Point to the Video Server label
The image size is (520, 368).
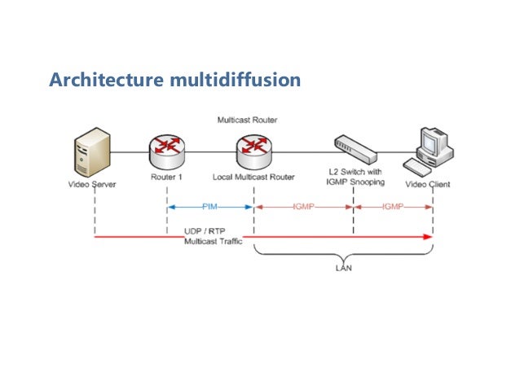tap(91, 184)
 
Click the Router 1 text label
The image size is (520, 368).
tap(167, 177)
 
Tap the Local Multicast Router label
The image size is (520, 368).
tap(253, 177)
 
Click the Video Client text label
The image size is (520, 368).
tap(429, 184)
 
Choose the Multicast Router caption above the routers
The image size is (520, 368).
tap(247, 120)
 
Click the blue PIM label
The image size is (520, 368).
tap(209, 208)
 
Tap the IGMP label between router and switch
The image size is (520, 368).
tap(303, 208)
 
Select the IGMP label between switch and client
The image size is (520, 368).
tap(393, 208)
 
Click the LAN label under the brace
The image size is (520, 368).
tap(344, 266)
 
